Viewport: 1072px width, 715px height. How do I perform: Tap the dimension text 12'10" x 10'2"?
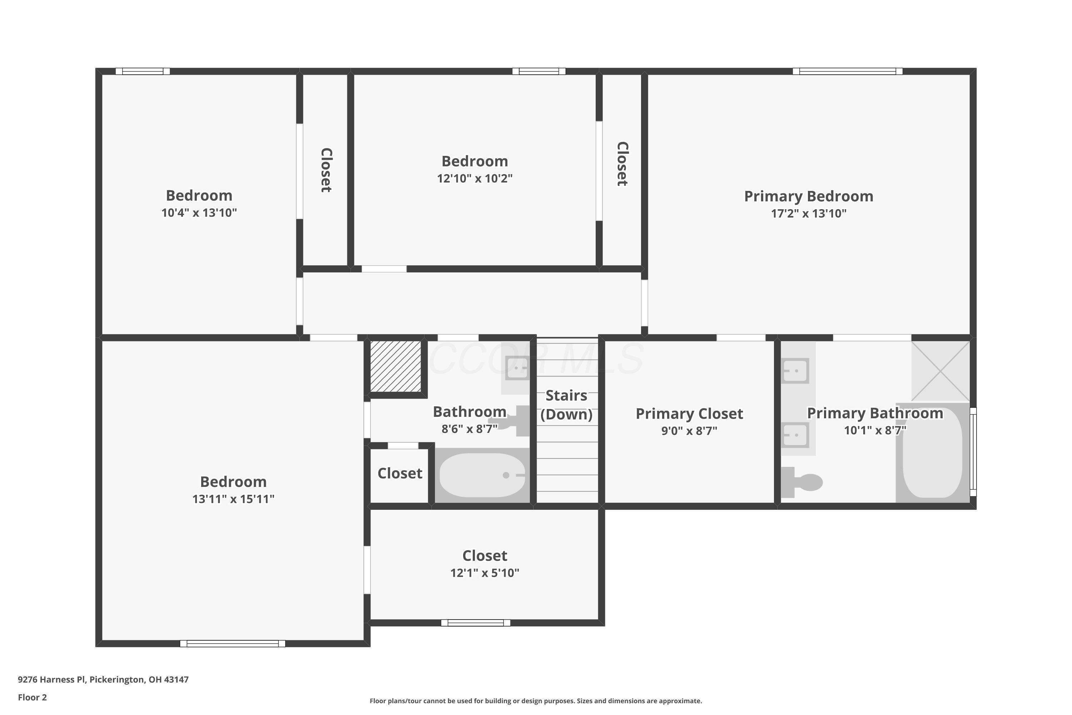click(x=475, y=178)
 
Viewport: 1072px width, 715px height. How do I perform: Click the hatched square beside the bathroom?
click(x=395, y=366)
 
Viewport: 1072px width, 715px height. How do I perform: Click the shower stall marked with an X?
click(x=940, y=371)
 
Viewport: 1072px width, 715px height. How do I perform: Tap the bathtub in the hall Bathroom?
click(x=482, y=475)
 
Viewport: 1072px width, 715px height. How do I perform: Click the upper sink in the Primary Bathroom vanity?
click(x=795, y=370)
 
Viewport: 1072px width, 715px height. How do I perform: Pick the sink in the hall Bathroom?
click(x=517, y=368)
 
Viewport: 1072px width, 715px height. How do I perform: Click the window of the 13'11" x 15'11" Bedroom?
click(x=233, y=643)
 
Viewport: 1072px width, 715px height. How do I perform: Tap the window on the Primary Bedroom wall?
click(x=847, y=71)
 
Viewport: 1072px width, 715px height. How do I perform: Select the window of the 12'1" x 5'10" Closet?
click(x=475, y=622)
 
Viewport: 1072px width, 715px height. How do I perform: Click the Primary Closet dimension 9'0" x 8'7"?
click(x=689, y=431)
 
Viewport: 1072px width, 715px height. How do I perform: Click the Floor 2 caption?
click(x=33, y=697)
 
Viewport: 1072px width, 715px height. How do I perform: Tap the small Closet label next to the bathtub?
click(x=400, y=473)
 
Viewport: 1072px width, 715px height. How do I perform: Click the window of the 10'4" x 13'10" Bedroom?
click(x=143, y=71)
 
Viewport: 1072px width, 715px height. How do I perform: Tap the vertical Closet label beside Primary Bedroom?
click(x=622, y=164)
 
